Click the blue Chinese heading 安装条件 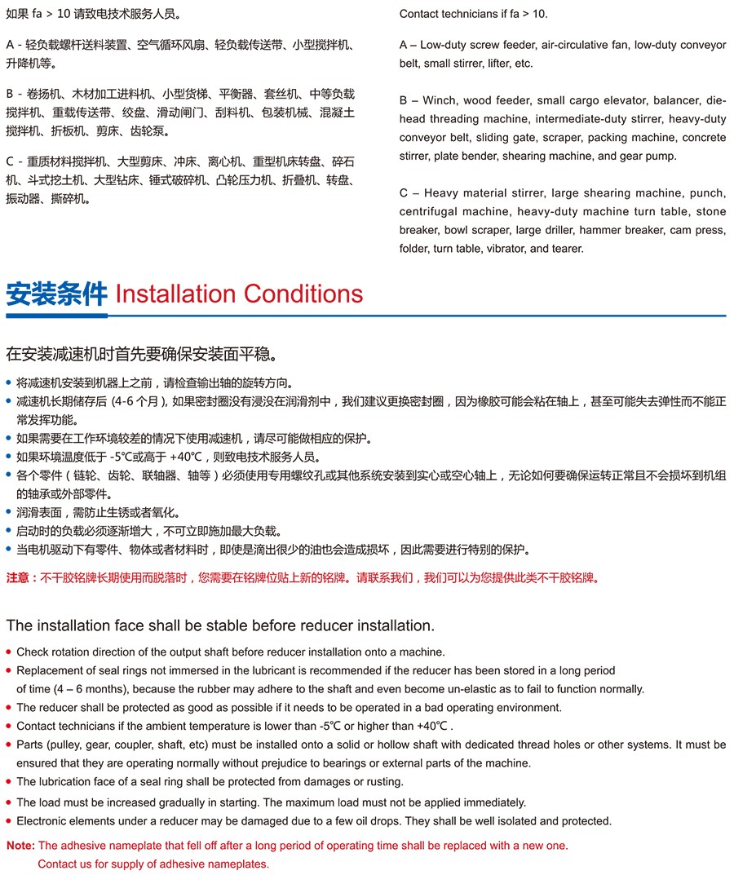pos(56,294)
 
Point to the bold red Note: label pos(21,846)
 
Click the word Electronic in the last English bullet pos(42,821)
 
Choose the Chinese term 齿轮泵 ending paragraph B pos(153,130)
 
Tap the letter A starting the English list pos(404,45)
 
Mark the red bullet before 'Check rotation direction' pos(9,652)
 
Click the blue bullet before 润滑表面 pos(9,513)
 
